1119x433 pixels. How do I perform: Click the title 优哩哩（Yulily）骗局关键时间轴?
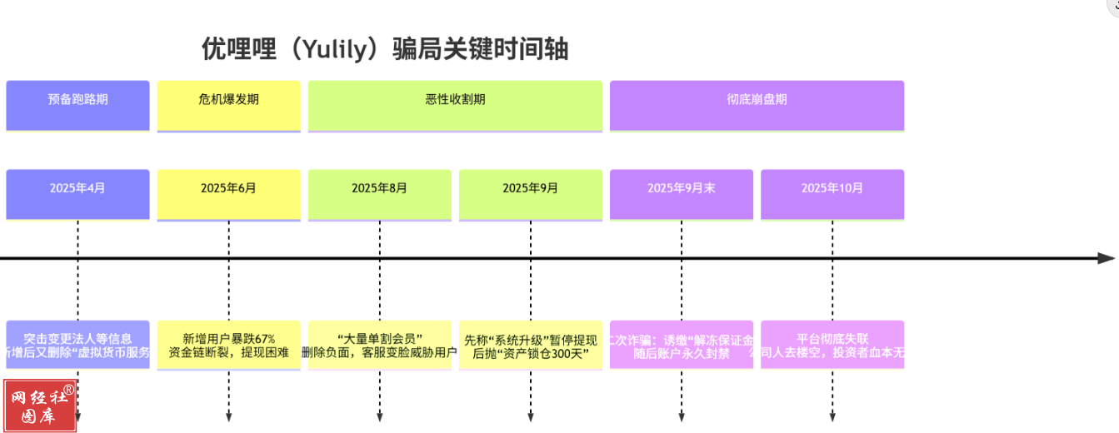click(385, 49)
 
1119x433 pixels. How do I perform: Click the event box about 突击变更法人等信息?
click(77, 345)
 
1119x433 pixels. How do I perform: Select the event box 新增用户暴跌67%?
click(228, 345)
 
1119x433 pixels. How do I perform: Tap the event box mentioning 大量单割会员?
click(379, 345)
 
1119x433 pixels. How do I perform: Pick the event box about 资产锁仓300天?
click(531, 345)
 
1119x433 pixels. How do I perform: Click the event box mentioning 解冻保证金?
click(682, 345)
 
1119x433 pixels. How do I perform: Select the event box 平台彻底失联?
click(832, 345)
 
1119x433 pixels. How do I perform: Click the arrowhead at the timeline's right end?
click(1106, 258)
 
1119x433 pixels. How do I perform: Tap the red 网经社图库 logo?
click(40, 406)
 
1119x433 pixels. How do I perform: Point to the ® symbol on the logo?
click(68, 389)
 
